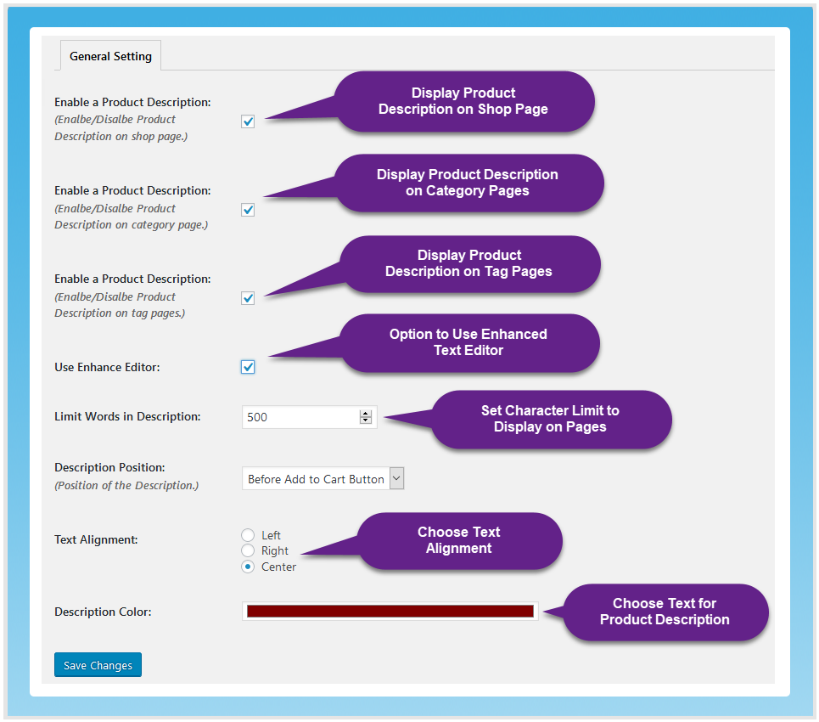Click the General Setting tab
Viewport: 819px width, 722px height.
pyautogui.click(x=110, y=56)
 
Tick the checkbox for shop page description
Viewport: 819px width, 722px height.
pyautogui.click(x=248, y=121)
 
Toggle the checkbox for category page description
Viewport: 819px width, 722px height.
pyautogui.click(x=248, y=210)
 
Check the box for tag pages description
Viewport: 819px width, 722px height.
pyautogui.click(x=248, y=298)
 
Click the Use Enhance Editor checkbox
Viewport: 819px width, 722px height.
pyautogui.click(x=248, y=367)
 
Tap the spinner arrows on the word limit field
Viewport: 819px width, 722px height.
pyautogui.click(x=366, y=417)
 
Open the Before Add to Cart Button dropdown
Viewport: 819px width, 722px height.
pyautogui.click(x=323, y=479)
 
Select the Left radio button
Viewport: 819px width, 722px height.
pyautogui.click(x=248, y=535)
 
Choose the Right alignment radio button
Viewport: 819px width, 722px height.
pyautogui.click(x=248, y=550)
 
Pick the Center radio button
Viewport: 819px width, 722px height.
pyautogui.click(x=248, y=567)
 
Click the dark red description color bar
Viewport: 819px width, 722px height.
pyautogui.click(x=390, y=611)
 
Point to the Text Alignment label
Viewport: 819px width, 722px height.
pyautogui.click(x=96, y=539)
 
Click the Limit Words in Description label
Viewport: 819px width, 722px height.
pyautogui.click(x=127, y=417)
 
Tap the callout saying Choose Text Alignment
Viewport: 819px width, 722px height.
pyautogui.click(x=459, y=540)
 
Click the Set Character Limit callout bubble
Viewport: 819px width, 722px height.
pyautogui.click(x=550, y=419)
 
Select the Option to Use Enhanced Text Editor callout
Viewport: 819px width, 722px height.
pyautogui.click(x=468, y=342)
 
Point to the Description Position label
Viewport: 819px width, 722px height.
pyautogui.click(x=109, y=467)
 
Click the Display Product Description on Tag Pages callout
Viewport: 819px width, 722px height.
pyautogui.click(x=469, y=263)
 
